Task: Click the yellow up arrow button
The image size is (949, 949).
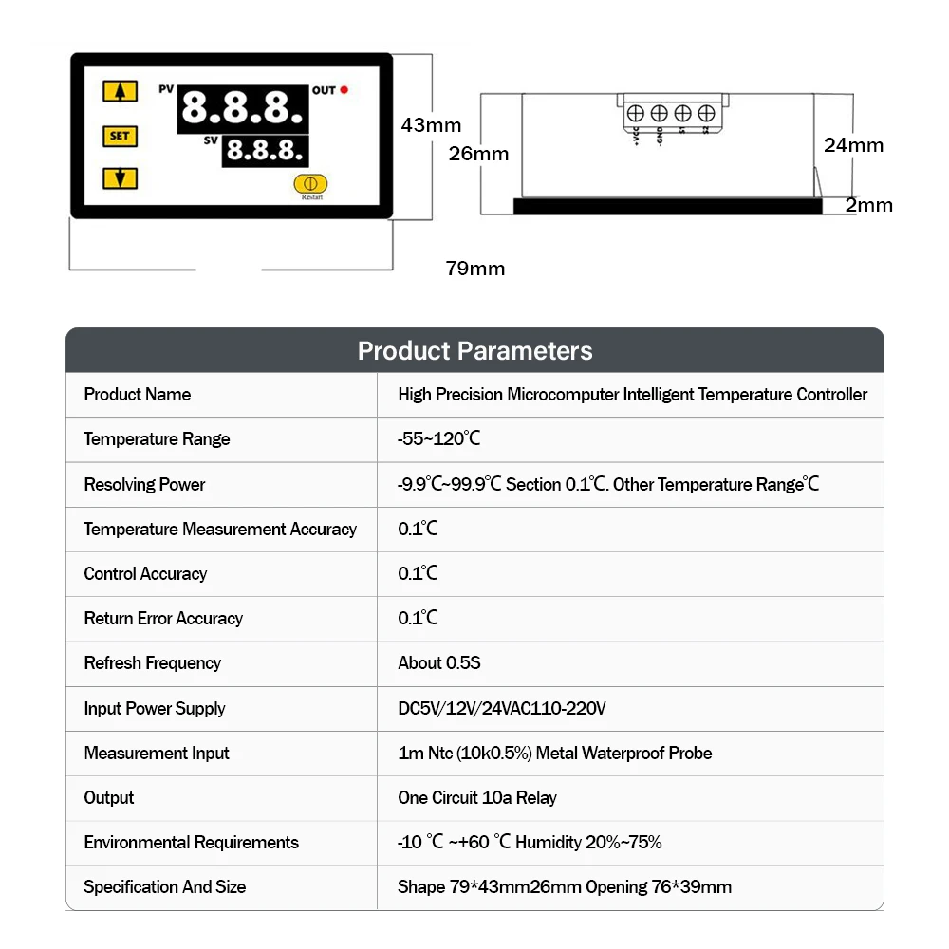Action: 120,91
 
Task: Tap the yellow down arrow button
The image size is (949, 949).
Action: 120,177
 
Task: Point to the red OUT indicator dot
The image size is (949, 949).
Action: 344,90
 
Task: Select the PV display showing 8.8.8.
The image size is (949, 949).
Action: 242,108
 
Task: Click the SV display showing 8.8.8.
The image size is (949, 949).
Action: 264,150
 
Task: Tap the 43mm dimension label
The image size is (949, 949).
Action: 431,125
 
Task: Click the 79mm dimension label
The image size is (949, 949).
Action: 475,269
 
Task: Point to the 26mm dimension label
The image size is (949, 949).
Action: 478,154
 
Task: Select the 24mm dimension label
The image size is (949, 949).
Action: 853,145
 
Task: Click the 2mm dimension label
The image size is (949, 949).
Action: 869,205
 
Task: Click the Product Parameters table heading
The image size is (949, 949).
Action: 474,351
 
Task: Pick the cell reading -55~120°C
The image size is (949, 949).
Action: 439,439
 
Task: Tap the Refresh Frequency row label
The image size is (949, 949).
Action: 152,663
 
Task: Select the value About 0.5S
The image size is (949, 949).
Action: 439,663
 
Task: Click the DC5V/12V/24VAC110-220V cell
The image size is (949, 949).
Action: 501,708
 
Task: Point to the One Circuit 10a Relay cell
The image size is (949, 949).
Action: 477,798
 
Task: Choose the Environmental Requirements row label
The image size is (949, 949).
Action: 191,843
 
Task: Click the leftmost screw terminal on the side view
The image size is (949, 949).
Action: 636,113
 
